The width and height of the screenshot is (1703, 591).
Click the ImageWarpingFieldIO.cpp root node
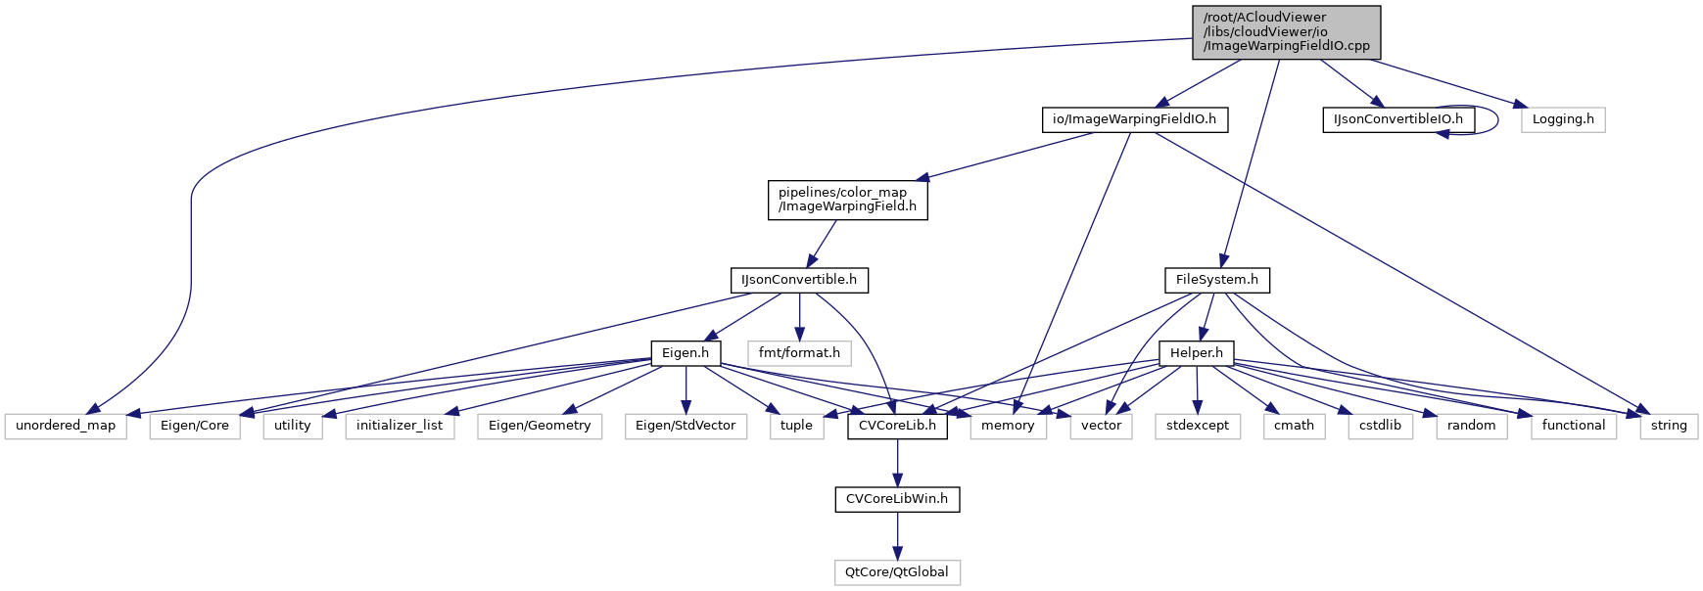(x=1286, y=32)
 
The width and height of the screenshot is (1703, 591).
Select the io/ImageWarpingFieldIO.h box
(x=1134, y=119)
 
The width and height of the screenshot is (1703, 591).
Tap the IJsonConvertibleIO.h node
(x=1397, y=119)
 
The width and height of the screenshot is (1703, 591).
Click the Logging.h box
(x=1563, y=119)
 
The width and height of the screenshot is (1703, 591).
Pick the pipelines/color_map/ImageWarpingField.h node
(x=847, y=200)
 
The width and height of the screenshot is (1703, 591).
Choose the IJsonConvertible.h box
(x=799, y=280)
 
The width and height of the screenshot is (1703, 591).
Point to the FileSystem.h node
(x=1216, y=280)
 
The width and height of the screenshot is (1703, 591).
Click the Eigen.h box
(x=686, y=352)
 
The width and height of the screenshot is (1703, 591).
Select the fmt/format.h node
(x=799, y=352)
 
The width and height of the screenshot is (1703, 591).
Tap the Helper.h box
(x=1196, y=352)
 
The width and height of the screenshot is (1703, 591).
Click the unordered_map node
(x=66, y=426)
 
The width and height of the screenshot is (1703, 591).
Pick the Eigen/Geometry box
(x=540, y=426)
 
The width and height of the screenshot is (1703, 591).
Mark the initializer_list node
(x=400, y=426)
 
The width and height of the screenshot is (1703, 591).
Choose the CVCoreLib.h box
(x=897, y=426)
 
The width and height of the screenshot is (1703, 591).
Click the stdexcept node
(x=1197, y=426)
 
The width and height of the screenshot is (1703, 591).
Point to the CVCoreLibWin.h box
(x=897, y=499)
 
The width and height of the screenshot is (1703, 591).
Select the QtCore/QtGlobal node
(x=897, y=572)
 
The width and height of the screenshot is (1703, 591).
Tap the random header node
(x=1471, y=426)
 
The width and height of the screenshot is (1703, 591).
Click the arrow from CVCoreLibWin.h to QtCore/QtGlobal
(x=897, y=535)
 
